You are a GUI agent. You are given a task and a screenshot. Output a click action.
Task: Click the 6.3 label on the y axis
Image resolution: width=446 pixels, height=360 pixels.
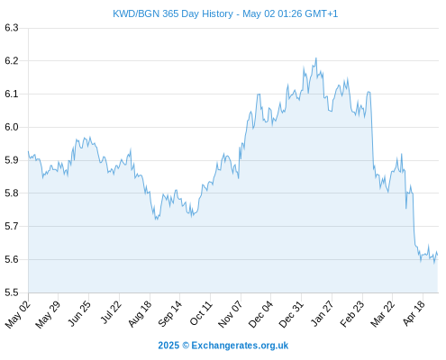coord(12,28)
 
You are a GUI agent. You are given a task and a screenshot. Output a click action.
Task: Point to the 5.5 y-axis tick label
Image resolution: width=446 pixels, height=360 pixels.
coord(12,292)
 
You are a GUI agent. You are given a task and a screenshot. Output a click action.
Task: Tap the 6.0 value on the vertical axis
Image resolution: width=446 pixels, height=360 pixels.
coord(12,127)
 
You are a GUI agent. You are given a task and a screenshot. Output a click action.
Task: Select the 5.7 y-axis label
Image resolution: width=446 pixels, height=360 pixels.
coord(12,226)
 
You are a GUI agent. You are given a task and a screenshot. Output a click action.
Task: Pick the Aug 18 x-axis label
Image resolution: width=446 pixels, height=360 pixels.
coord(140,313)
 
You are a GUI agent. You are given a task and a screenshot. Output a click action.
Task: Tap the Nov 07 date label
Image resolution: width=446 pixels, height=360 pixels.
coord(230,314)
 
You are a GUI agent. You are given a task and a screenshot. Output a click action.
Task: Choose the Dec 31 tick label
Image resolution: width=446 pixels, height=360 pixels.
coord(291,314)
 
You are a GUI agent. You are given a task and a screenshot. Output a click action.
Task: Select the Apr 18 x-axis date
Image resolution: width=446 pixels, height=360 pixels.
coord(414,313)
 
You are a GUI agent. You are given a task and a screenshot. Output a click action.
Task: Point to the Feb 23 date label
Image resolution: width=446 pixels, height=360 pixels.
coord(352,314)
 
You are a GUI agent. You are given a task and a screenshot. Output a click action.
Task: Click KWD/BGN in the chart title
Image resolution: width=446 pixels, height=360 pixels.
coord(136,13)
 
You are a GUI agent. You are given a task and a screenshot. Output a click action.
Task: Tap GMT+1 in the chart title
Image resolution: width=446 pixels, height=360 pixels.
coord(321,13)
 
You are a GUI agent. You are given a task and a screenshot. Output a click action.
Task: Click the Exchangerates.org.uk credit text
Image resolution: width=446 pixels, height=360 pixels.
coord(240,346)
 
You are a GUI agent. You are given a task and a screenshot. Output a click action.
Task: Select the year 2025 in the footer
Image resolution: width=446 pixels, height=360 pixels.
coord(168,346)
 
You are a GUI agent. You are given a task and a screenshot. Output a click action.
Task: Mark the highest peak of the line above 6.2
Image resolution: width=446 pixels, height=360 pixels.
coord(316,58)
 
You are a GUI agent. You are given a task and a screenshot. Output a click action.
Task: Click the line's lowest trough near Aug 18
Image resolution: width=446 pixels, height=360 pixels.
coord(156,220)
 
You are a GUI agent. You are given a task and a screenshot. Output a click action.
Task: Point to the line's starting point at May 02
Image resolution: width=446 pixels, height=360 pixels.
coord(29,151)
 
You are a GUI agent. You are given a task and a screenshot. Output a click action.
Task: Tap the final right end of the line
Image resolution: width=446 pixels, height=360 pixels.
coord(438,255)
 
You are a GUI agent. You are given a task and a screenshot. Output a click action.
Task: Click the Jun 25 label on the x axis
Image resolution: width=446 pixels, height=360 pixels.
coord(79,313)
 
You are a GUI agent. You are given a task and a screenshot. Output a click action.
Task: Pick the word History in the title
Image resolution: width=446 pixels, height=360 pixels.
coord(217,13)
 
